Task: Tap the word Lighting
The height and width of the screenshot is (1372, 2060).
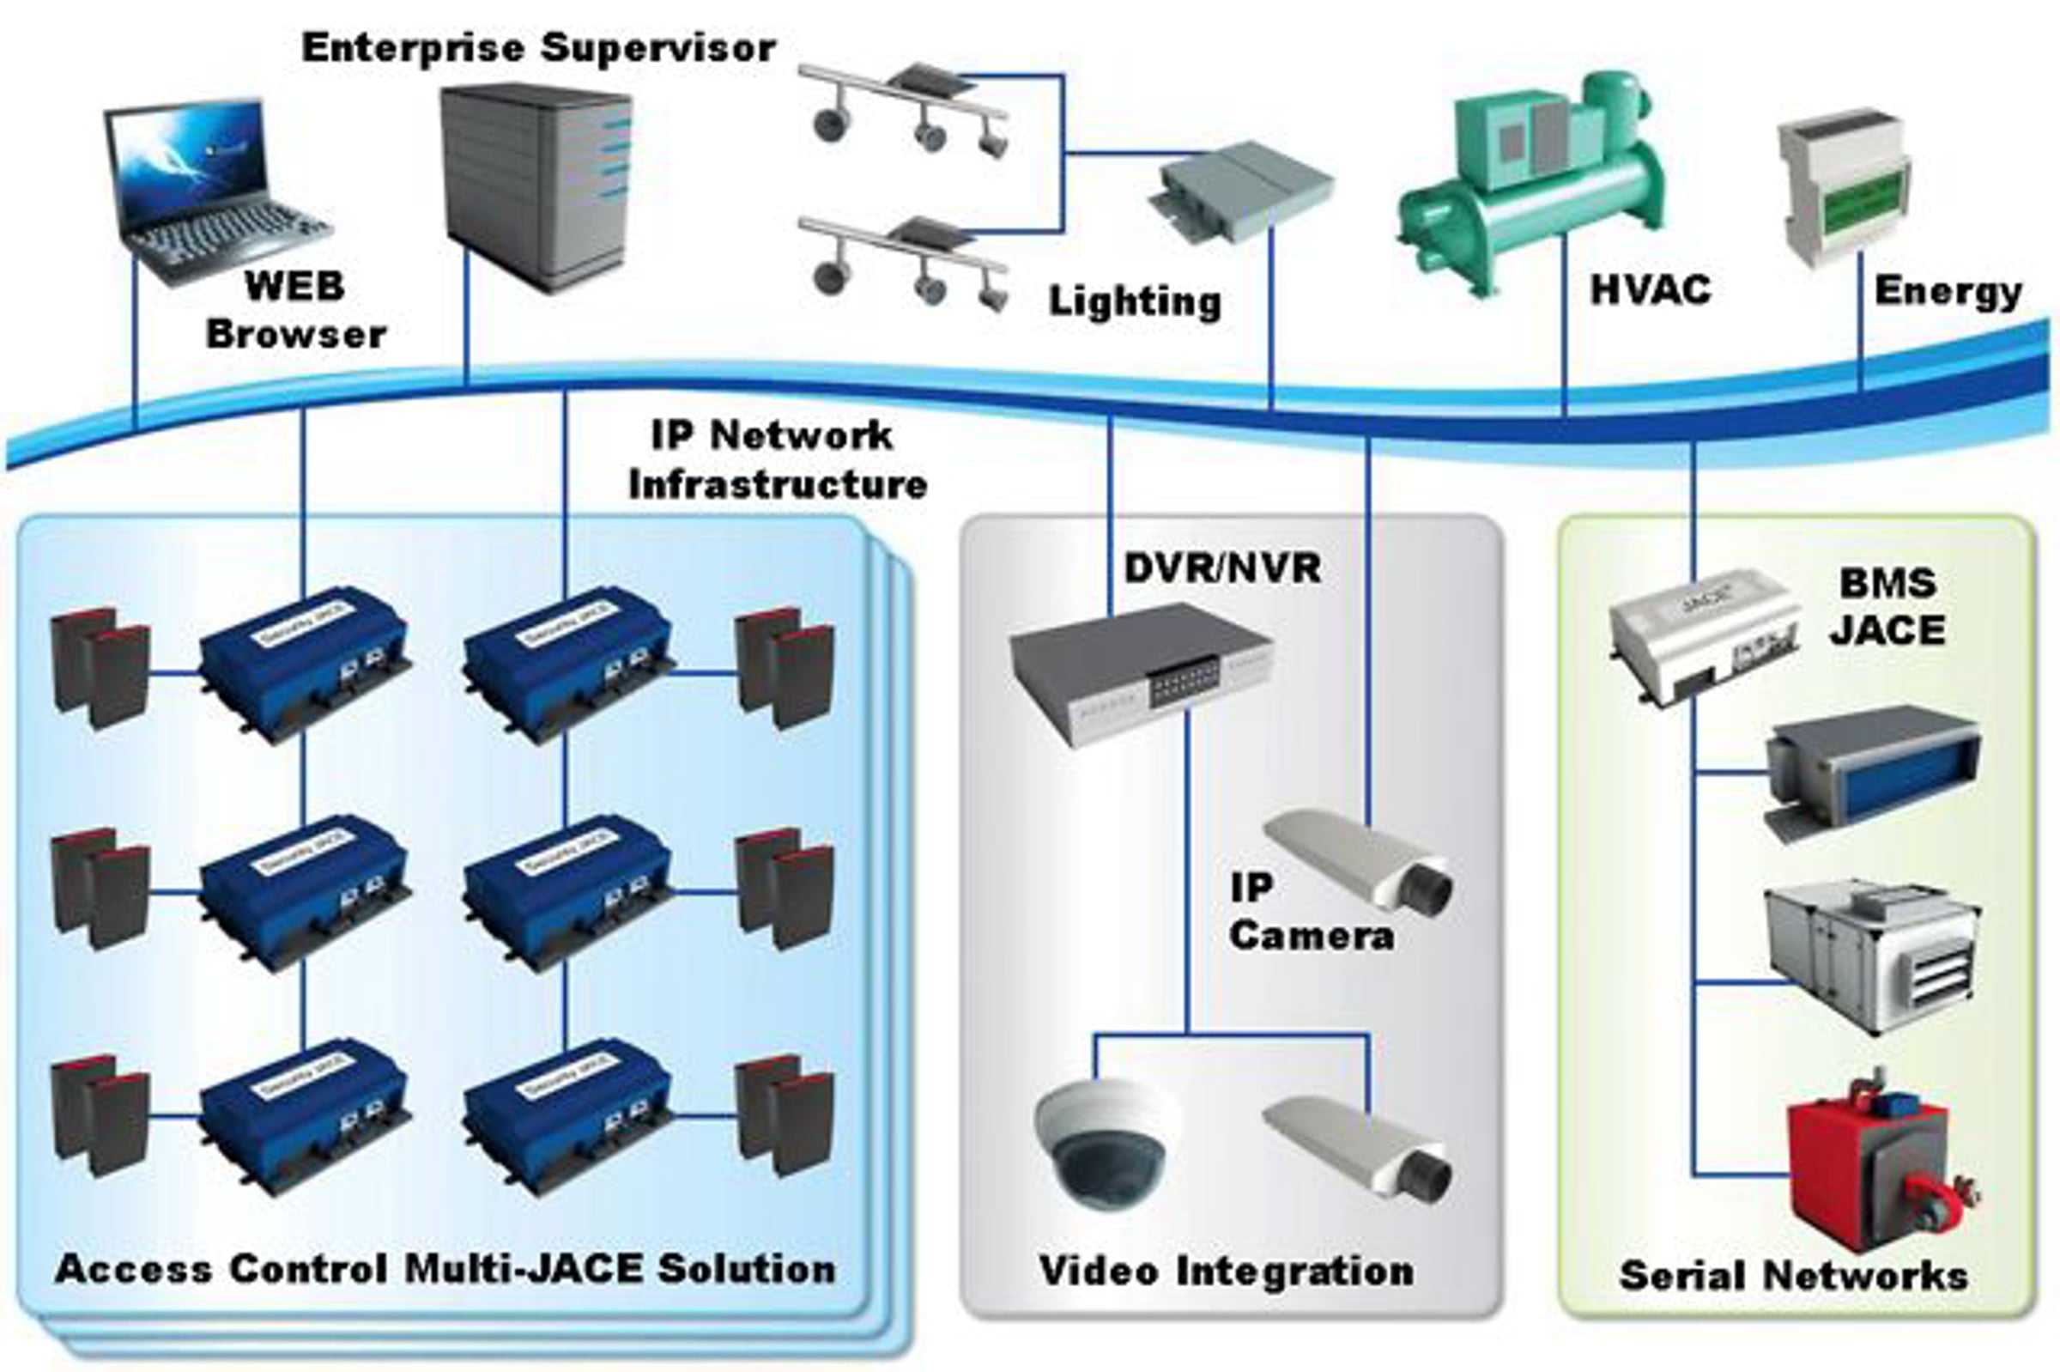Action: point(1135,302)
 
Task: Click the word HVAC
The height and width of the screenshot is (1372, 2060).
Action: point(1650,289)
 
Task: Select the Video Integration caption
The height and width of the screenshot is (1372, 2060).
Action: point(1227,1271)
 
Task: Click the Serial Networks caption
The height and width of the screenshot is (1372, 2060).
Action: point(1793,1276)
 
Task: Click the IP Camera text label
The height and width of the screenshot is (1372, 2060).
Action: point(1310,912)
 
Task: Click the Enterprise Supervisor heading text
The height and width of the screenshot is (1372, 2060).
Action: point(538,47)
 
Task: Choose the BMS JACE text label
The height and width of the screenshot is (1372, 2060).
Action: point(1887,606)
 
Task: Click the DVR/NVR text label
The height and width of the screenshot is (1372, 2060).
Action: point(1222,568)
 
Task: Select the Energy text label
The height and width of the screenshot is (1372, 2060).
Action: point(1948,290)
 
